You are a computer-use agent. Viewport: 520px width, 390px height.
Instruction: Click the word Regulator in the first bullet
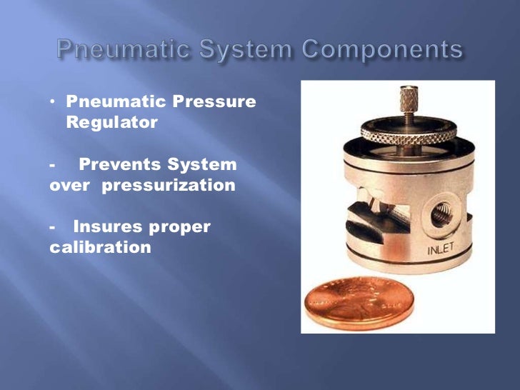coord(112,122)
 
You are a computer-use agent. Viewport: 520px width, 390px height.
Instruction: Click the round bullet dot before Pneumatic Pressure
coord(54,101)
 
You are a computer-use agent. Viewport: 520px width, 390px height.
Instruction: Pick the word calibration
coord(101,248)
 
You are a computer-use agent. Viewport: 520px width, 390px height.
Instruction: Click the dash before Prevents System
coord(54,165)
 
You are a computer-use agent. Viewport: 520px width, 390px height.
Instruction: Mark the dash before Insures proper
coord(54,227)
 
